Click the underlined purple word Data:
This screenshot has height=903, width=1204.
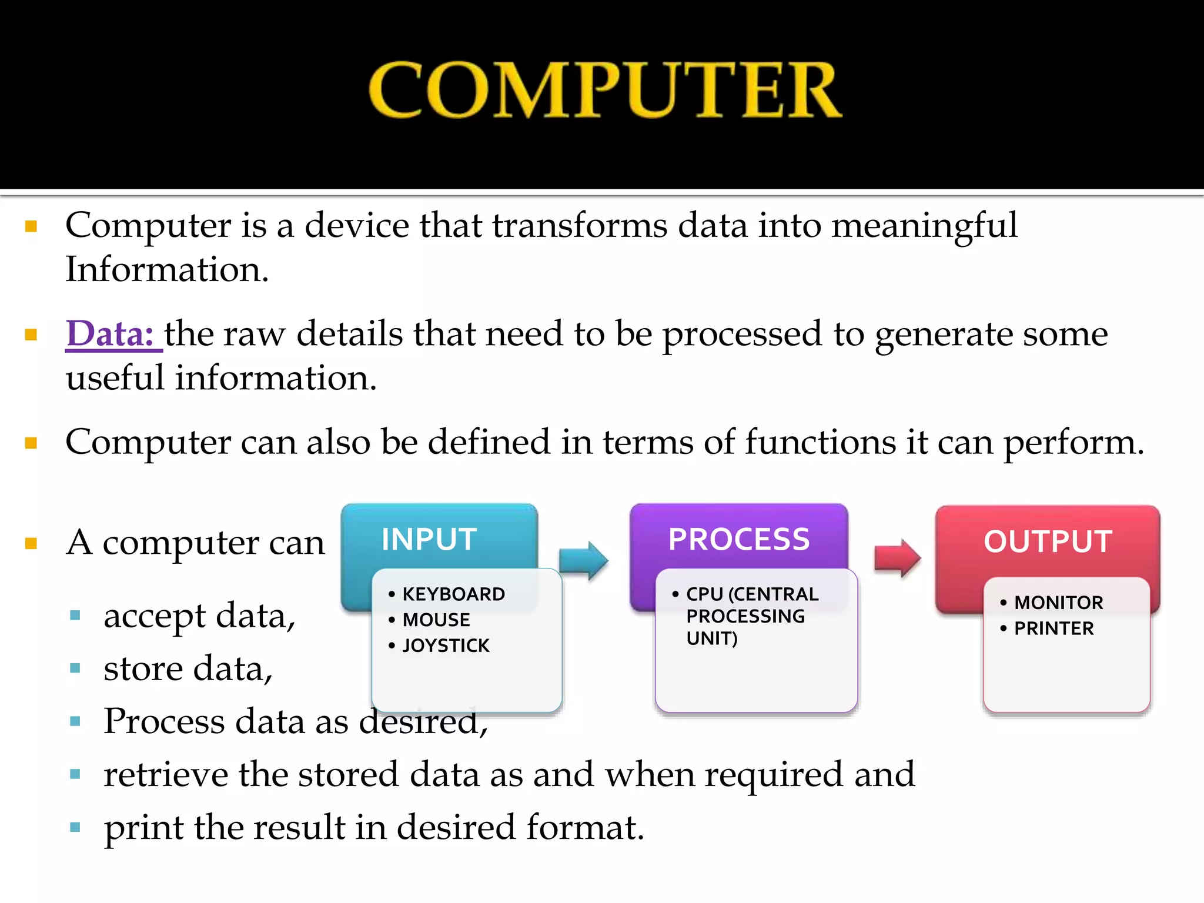point(111,334)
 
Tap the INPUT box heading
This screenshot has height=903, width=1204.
point(429,540)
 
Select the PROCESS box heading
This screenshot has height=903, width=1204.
point(739,540)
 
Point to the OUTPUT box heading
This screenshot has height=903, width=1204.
point(1048,541)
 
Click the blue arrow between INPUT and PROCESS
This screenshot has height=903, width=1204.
point(583,560)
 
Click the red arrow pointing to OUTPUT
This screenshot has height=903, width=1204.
point(897,558)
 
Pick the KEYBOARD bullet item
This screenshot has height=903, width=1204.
point(453,594)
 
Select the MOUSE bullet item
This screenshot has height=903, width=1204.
point(436,620)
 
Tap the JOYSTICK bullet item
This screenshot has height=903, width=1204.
point(446,646)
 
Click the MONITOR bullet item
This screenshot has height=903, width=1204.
point(1059,603)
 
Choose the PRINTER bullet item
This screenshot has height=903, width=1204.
point(1054,628)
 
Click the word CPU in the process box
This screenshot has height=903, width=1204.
point(704,594)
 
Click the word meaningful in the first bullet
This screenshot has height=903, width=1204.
point(924,226)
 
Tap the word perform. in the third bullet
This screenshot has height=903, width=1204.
point(1073,443)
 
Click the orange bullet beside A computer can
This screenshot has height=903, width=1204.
point(31,543)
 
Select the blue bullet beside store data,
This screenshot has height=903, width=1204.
point(75,668)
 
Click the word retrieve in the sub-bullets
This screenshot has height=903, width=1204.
point(165,774)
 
